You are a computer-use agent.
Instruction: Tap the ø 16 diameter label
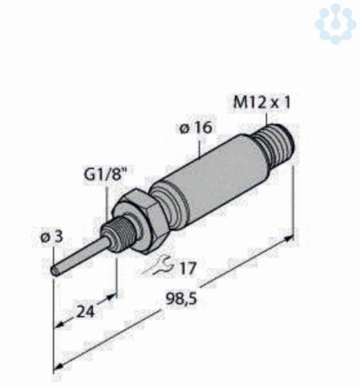195,128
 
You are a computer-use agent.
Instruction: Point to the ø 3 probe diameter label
52,237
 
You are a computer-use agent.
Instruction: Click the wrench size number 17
188,268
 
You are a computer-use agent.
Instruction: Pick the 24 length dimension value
86,312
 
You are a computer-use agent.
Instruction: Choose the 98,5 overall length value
181,299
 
